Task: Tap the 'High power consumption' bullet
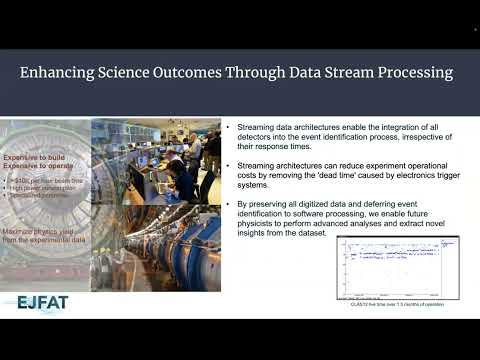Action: [x=42, y=185]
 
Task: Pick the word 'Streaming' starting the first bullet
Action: [x=254, y=129]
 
